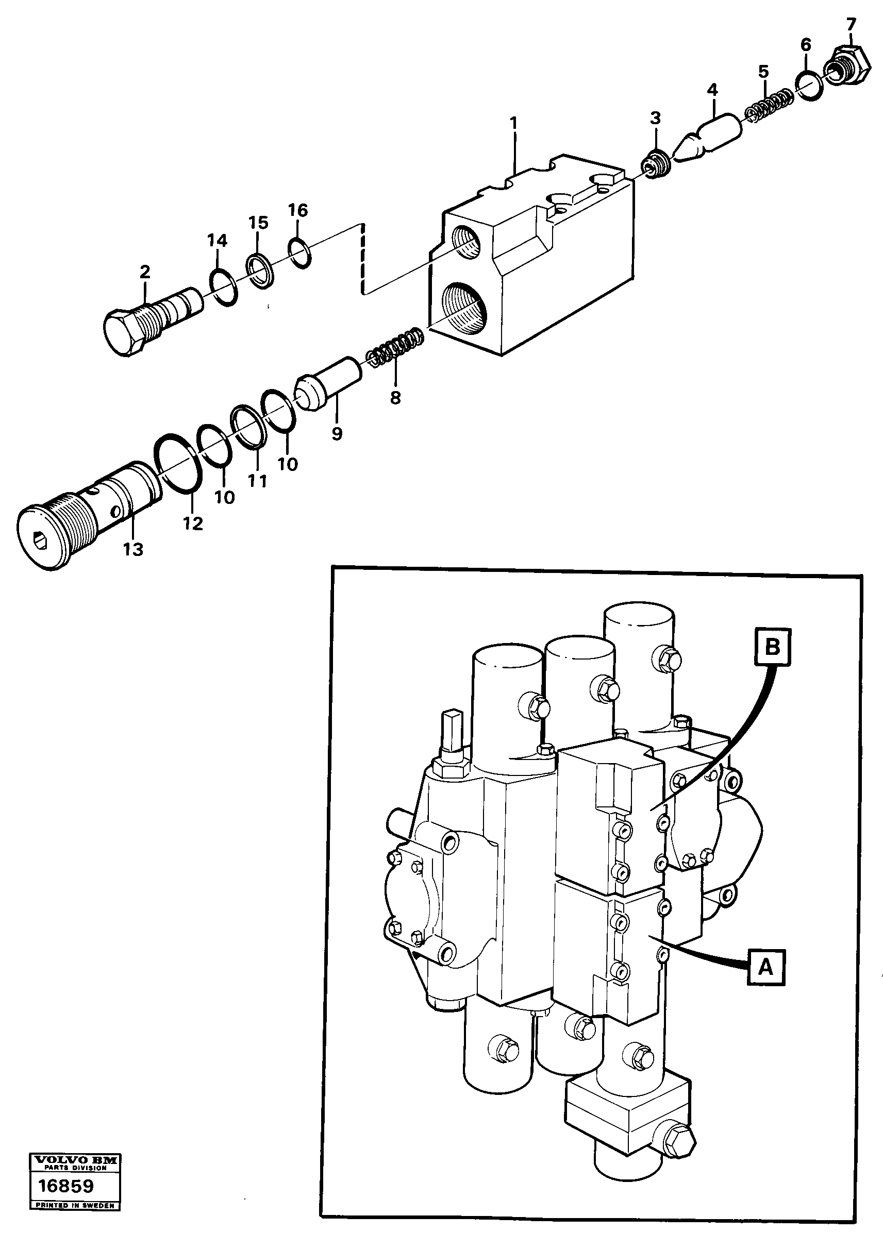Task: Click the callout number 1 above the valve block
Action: pyautogui.click(x=513, y=123)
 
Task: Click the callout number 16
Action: pyautogui.click(x=298, y=210)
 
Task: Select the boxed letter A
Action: pyautogui.click(x=765, y=967)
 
